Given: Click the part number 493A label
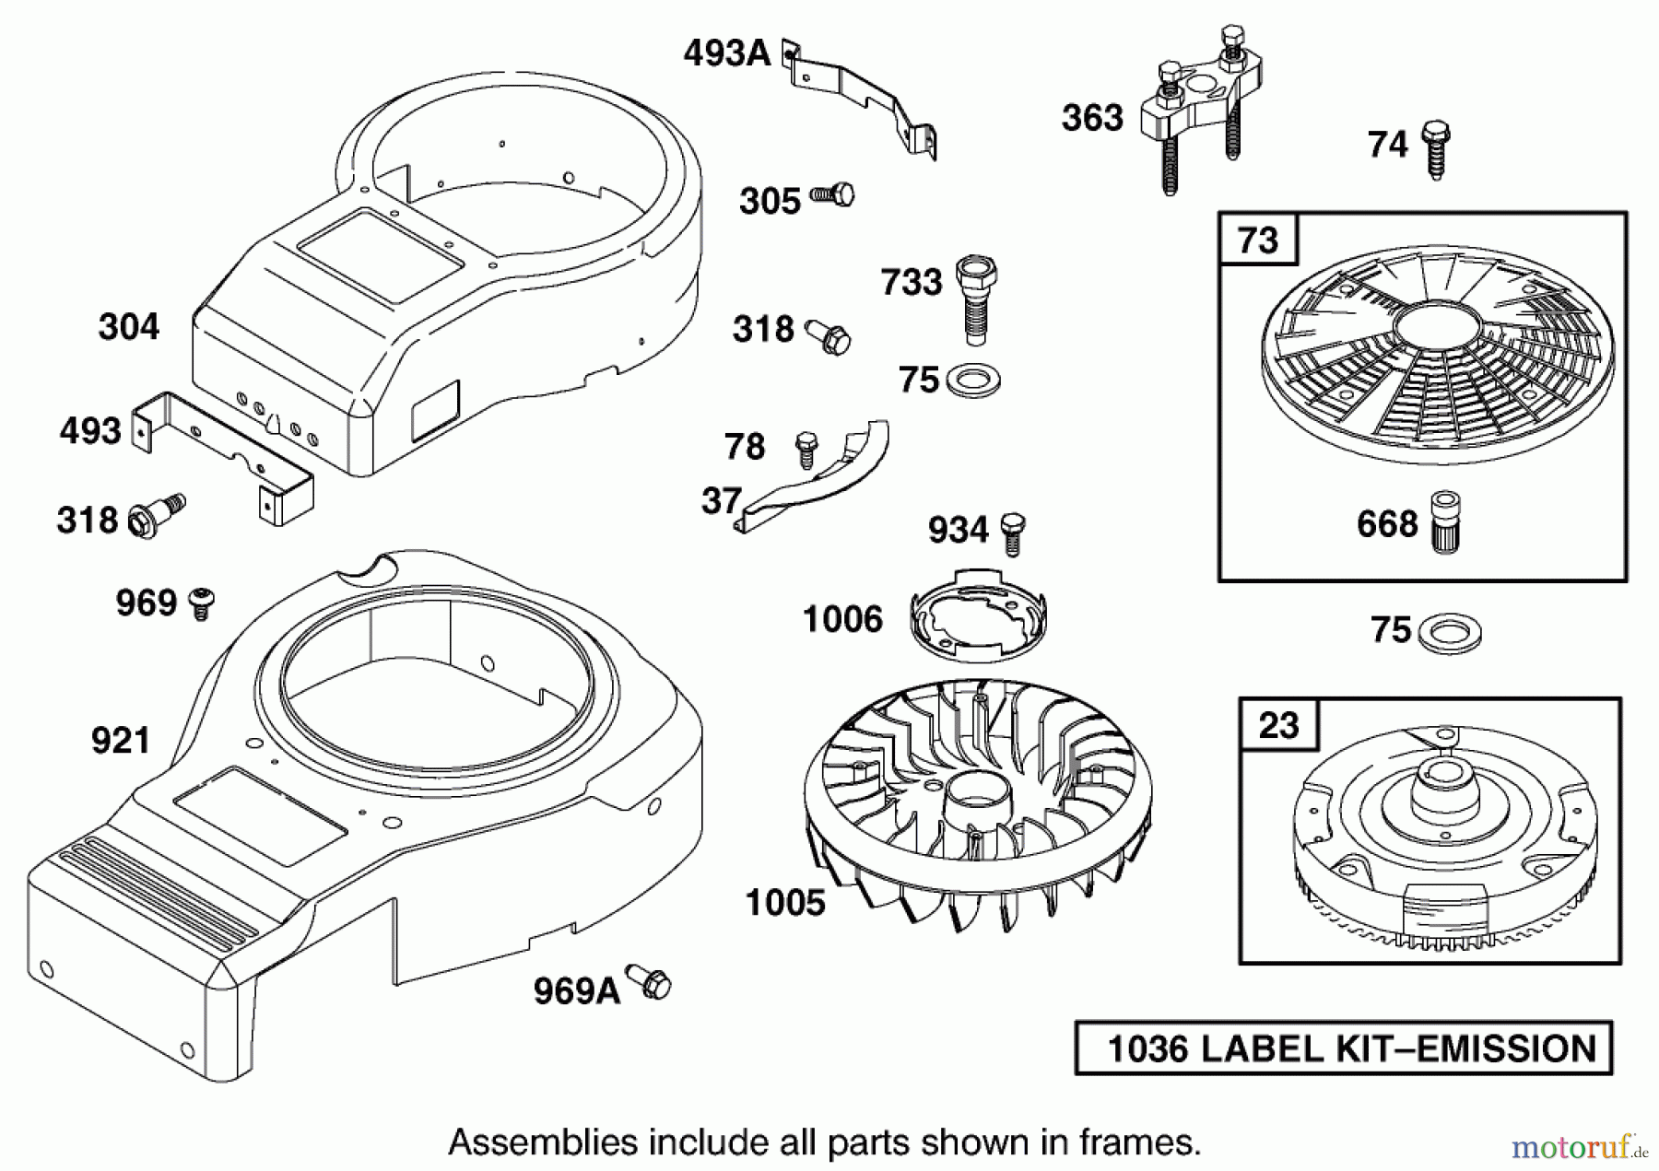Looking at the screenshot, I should [726, 53].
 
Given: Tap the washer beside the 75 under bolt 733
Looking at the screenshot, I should [973, 380].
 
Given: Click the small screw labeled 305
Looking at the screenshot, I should [833, 195].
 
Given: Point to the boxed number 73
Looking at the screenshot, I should [1258, 240].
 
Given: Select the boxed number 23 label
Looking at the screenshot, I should [1278, 725].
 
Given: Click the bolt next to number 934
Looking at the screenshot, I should [1013, 532].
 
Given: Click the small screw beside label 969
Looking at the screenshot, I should [202, 603].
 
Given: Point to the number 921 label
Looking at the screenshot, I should [120, 740].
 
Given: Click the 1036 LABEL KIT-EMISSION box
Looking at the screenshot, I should [1343, 1048].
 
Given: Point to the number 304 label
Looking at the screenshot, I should [128, 326].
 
